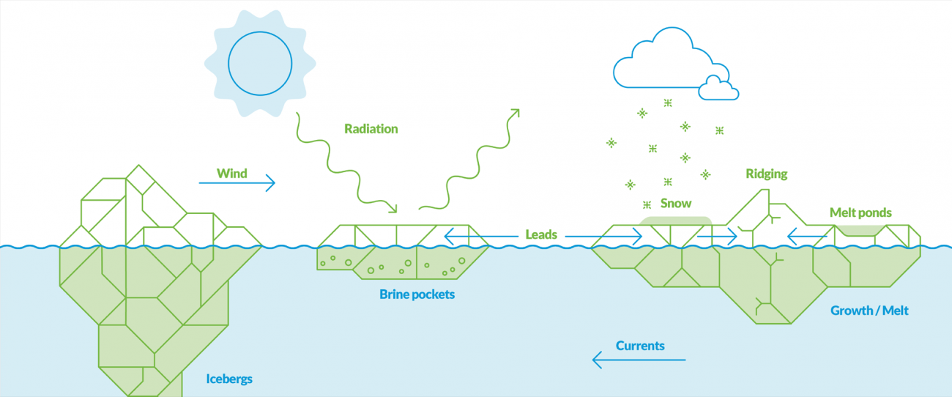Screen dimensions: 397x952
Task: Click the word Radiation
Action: [371, 129]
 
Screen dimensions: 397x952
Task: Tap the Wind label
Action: [231, 174]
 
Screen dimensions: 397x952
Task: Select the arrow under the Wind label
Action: [237, 183]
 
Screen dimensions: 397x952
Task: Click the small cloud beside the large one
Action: [718, 89]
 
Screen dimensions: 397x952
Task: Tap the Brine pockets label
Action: [417, 294]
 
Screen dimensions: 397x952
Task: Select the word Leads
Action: [541, 235]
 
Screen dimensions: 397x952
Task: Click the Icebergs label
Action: [228, 379]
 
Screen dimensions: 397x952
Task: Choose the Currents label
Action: [640, 346]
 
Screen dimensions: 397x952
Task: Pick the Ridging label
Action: [767, 174]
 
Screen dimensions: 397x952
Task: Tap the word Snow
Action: [675, 203]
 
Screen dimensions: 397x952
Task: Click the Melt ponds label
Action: [860, 212]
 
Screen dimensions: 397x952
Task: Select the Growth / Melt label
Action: [869, 311]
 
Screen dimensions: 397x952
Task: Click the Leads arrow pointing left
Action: [469, 236]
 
